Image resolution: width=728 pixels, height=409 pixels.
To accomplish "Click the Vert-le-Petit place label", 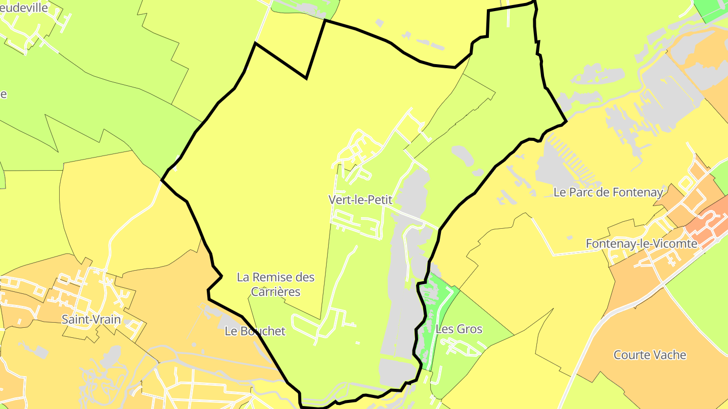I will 360,199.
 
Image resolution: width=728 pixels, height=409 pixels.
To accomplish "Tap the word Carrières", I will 276,292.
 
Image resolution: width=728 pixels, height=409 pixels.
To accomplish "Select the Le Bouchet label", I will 255,331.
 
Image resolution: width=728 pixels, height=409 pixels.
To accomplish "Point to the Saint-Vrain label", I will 92,319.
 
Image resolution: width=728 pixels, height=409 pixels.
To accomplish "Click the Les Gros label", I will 459,329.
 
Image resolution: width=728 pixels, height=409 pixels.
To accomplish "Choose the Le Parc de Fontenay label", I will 608,192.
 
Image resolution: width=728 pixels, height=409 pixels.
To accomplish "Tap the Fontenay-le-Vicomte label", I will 642,243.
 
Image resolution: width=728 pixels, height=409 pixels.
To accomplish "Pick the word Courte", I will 632,355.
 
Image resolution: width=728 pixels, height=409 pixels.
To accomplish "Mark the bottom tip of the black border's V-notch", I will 306,78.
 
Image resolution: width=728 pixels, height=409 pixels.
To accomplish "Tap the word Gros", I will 470,329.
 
